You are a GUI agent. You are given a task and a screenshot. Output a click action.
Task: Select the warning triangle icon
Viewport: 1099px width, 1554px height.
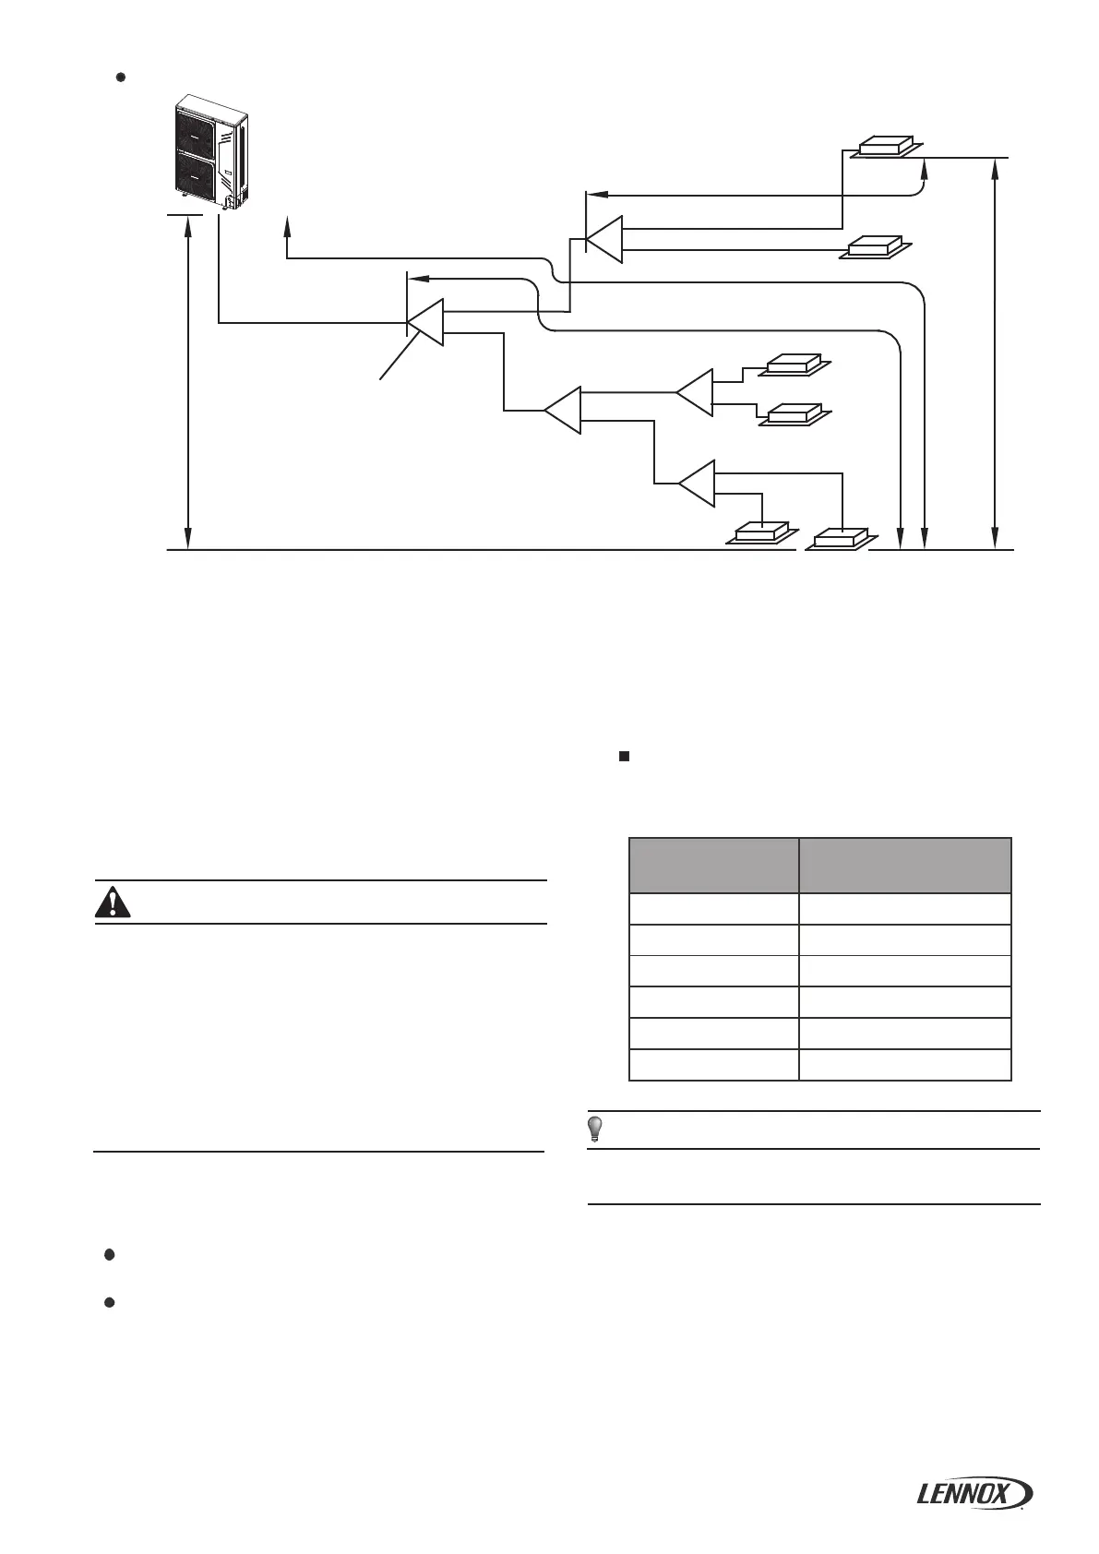pos(113,903)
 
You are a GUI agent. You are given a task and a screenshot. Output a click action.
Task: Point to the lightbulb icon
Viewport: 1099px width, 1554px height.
pos(596,1129)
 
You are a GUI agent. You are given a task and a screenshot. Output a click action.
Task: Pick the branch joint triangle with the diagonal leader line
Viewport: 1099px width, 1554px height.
pos(427,322)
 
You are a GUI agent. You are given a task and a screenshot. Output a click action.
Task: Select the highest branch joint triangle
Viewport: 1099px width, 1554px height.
pos(606,239)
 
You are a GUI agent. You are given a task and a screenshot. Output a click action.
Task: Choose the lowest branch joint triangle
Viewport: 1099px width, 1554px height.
pos(699,483)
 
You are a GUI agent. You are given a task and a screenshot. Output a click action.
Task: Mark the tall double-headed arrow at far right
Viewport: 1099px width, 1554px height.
pos(995,353)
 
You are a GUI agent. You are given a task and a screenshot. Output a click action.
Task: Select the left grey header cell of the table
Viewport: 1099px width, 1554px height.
pos(713,866)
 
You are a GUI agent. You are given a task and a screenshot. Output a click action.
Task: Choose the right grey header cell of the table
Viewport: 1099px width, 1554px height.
pos(905,866)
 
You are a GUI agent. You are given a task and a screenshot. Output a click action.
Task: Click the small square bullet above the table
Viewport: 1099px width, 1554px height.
pos(624,757)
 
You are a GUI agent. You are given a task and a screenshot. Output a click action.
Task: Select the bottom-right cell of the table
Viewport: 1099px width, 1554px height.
pos(905,1065)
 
